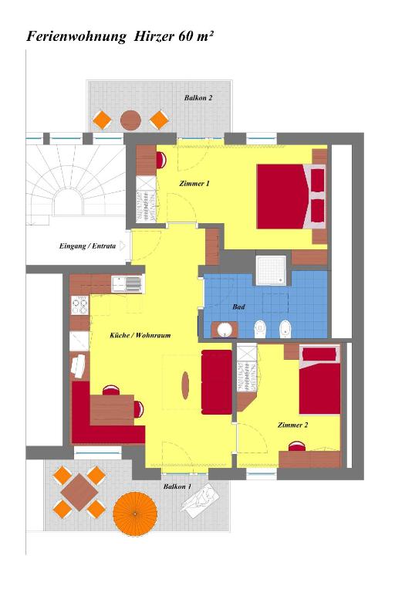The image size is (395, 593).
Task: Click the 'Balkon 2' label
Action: pyautogui.click(x=198, y=97)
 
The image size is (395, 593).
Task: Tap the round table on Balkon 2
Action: pyautogui.click(x=130, y=120)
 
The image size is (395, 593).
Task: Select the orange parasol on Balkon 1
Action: pyautogui.click(x=135, y=513)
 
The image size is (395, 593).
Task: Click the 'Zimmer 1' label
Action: pyautogui.click(x=194, y=184)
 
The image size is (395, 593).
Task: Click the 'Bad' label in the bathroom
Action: pyautogui.click(x=238, y=307)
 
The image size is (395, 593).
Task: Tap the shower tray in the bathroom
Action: pyautogui.click(x=272, y=270)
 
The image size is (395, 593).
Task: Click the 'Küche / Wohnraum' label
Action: pyautogui.click(x=140, y=335)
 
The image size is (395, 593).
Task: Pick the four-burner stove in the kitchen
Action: pyautogui.click(x=80, y=306)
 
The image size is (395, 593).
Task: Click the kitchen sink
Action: pyautogui.click(x=127, y=283)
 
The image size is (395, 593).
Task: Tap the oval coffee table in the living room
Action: pyautogui.click(x=185, y=385)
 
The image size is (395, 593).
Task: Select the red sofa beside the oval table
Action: pyautogui.click(x=217, y=382)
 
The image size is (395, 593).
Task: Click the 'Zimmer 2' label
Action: pyautogui.click(x=292, y=425)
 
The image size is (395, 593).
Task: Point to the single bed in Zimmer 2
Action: pyautogui.click(x=319, y=380)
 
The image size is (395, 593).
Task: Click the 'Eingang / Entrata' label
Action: pyautogui.click(x=87, y=246)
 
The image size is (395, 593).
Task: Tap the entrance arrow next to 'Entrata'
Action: pyautogui.click(x=123, y=246)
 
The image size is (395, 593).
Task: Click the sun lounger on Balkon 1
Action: pyautogui.click(x=201, y=500)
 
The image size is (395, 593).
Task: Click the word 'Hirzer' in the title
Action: pyautogui.click(x=154, y=36)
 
